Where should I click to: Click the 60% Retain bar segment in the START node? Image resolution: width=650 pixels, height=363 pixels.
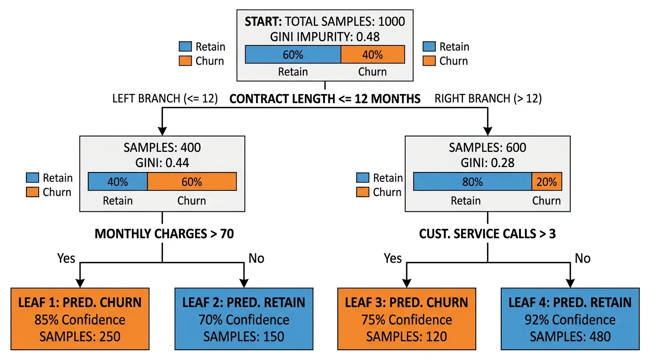(x=293, y=54)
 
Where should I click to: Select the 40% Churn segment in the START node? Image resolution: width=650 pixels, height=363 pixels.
(x=372, y=54)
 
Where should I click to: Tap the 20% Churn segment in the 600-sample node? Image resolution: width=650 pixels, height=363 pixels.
(x=547, y=181)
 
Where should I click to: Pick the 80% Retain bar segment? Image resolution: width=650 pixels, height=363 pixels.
(x=472, y=181)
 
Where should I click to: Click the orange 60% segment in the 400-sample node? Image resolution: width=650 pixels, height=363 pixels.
(x=192, y=181)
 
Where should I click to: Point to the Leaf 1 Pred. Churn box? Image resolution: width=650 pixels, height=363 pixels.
(x=80, y=319)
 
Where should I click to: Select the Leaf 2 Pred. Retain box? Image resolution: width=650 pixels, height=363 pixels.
(x=244, y=319)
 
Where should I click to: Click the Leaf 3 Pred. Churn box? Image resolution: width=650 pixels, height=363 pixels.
(x=407, y=319)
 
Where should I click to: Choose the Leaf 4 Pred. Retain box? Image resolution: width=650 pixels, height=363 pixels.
(x=570, y=319)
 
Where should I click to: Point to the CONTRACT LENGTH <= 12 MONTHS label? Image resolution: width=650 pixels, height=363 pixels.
(x=325, y=99)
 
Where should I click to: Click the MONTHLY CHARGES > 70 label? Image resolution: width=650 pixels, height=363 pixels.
(x=164, y=234)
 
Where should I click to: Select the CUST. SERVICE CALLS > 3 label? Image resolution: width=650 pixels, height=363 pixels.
(x=487, y=234)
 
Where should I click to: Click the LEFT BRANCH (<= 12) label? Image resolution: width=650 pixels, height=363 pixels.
(x=165, y=99)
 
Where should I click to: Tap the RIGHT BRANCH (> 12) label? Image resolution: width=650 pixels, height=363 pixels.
(x=488, y=99)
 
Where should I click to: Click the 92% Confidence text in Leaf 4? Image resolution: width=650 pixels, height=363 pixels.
(x=570, y=320)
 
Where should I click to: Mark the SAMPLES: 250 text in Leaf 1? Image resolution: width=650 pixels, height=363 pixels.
(x=80, y=337)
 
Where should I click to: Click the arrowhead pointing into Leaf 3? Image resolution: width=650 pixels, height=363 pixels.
(x=407, y=283)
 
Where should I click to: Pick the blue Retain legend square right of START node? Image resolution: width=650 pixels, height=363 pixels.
(x=429, y=46)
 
